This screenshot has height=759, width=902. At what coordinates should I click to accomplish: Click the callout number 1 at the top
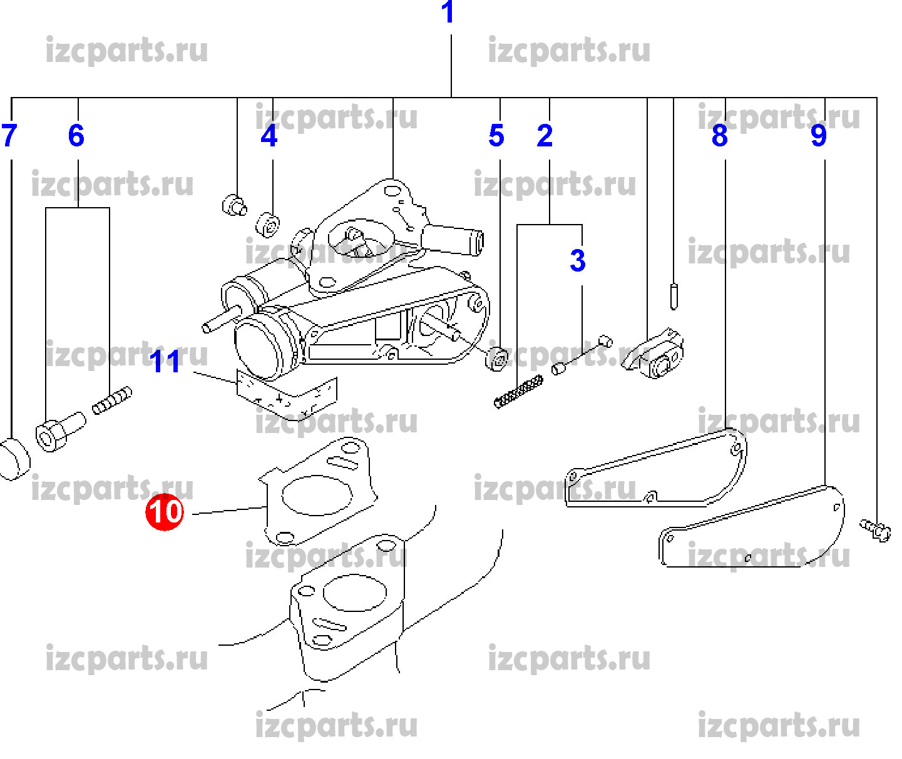click(x=448, y=13)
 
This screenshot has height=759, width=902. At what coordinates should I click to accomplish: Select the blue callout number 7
click(x=9, y=136)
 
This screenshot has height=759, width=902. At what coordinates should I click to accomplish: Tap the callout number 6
click(x=76, y=136)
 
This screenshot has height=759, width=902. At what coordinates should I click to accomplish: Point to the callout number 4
click(x=269, y=136)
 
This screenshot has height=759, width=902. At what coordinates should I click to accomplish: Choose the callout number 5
click(x=496, y=136)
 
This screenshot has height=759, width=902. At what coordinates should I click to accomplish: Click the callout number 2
click(x=545, y=136)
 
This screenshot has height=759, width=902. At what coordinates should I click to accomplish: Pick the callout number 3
click(x=577, y=260)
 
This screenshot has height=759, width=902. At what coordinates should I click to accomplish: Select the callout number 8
click(x=720, y=136)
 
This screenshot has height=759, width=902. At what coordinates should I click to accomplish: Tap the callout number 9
click(x=819, y=136)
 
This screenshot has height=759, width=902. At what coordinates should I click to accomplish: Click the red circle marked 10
click(x=165, y=512)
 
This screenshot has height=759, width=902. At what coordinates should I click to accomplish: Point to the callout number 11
click(x=166, y=362)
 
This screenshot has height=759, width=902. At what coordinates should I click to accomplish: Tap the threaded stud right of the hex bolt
click(x=112, y=400)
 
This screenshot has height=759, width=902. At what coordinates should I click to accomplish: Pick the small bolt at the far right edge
click(x=876, y=529)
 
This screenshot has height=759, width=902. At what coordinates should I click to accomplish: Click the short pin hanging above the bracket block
click(x=674, y=296)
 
